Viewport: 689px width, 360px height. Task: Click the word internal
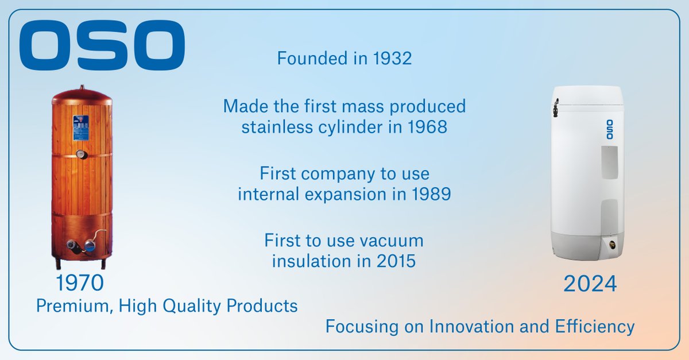click(269, 194)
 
